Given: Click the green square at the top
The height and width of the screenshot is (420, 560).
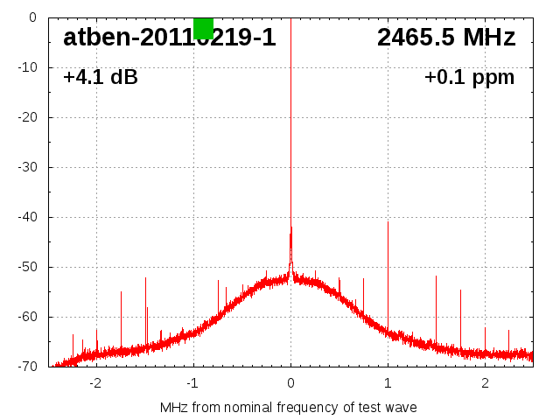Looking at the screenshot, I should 203,28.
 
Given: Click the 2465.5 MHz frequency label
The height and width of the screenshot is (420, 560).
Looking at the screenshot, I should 446,38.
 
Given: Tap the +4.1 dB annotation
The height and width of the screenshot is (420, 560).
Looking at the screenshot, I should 101,77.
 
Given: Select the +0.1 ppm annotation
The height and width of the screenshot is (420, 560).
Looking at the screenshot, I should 469,77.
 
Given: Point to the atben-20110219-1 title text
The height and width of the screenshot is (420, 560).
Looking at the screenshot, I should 169,38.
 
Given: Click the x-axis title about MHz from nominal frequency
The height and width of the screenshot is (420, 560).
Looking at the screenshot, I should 289,408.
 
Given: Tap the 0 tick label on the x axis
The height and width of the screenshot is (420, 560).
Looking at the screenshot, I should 290,383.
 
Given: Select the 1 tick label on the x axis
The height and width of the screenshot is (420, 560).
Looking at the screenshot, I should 388,383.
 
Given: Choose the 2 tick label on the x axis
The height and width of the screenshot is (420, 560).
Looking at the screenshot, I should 485,383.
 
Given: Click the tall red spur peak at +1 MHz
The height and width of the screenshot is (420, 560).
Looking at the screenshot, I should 388,222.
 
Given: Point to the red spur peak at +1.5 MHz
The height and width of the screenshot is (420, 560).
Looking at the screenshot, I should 436,276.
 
